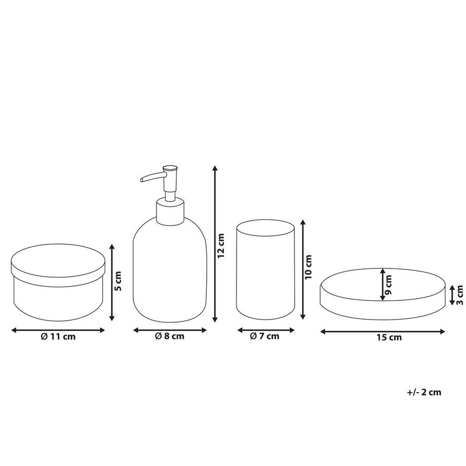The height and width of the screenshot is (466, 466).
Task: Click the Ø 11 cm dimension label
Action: (x=58, y=337)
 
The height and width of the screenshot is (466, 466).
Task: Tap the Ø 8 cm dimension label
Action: (x=170, y=336)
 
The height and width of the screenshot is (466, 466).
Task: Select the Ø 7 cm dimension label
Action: (x=265, y=336)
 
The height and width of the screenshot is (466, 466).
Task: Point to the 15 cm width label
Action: (x=390, y=338)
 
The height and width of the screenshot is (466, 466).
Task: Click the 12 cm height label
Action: (x=220, y=246)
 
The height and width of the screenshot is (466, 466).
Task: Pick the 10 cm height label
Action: (x=308, y=266)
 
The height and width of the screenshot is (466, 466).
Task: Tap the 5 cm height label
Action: (x=118, y=281)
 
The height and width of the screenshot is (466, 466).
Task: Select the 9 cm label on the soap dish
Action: (x=388, y=285)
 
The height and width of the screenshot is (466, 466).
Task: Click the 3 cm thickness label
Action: (x=459, y=295)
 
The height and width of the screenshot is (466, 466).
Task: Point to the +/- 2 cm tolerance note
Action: (x=424, y=392)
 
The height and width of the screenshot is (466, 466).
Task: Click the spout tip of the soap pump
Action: (x=142, y=179)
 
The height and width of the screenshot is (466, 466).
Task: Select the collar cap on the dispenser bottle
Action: (x=170, y=211)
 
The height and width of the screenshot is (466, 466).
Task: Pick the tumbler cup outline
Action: (x=265, y=269)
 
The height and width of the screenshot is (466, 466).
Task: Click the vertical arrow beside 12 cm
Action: (x=215, y=244)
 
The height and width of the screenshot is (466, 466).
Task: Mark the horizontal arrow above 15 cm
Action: (x=383, y=331)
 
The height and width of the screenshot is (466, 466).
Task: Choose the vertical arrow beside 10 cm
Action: (x=303, y=269)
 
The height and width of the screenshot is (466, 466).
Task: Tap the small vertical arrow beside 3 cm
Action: (x=452, y=295)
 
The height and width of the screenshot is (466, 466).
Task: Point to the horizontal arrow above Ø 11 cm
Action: (x=58, y=330)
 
